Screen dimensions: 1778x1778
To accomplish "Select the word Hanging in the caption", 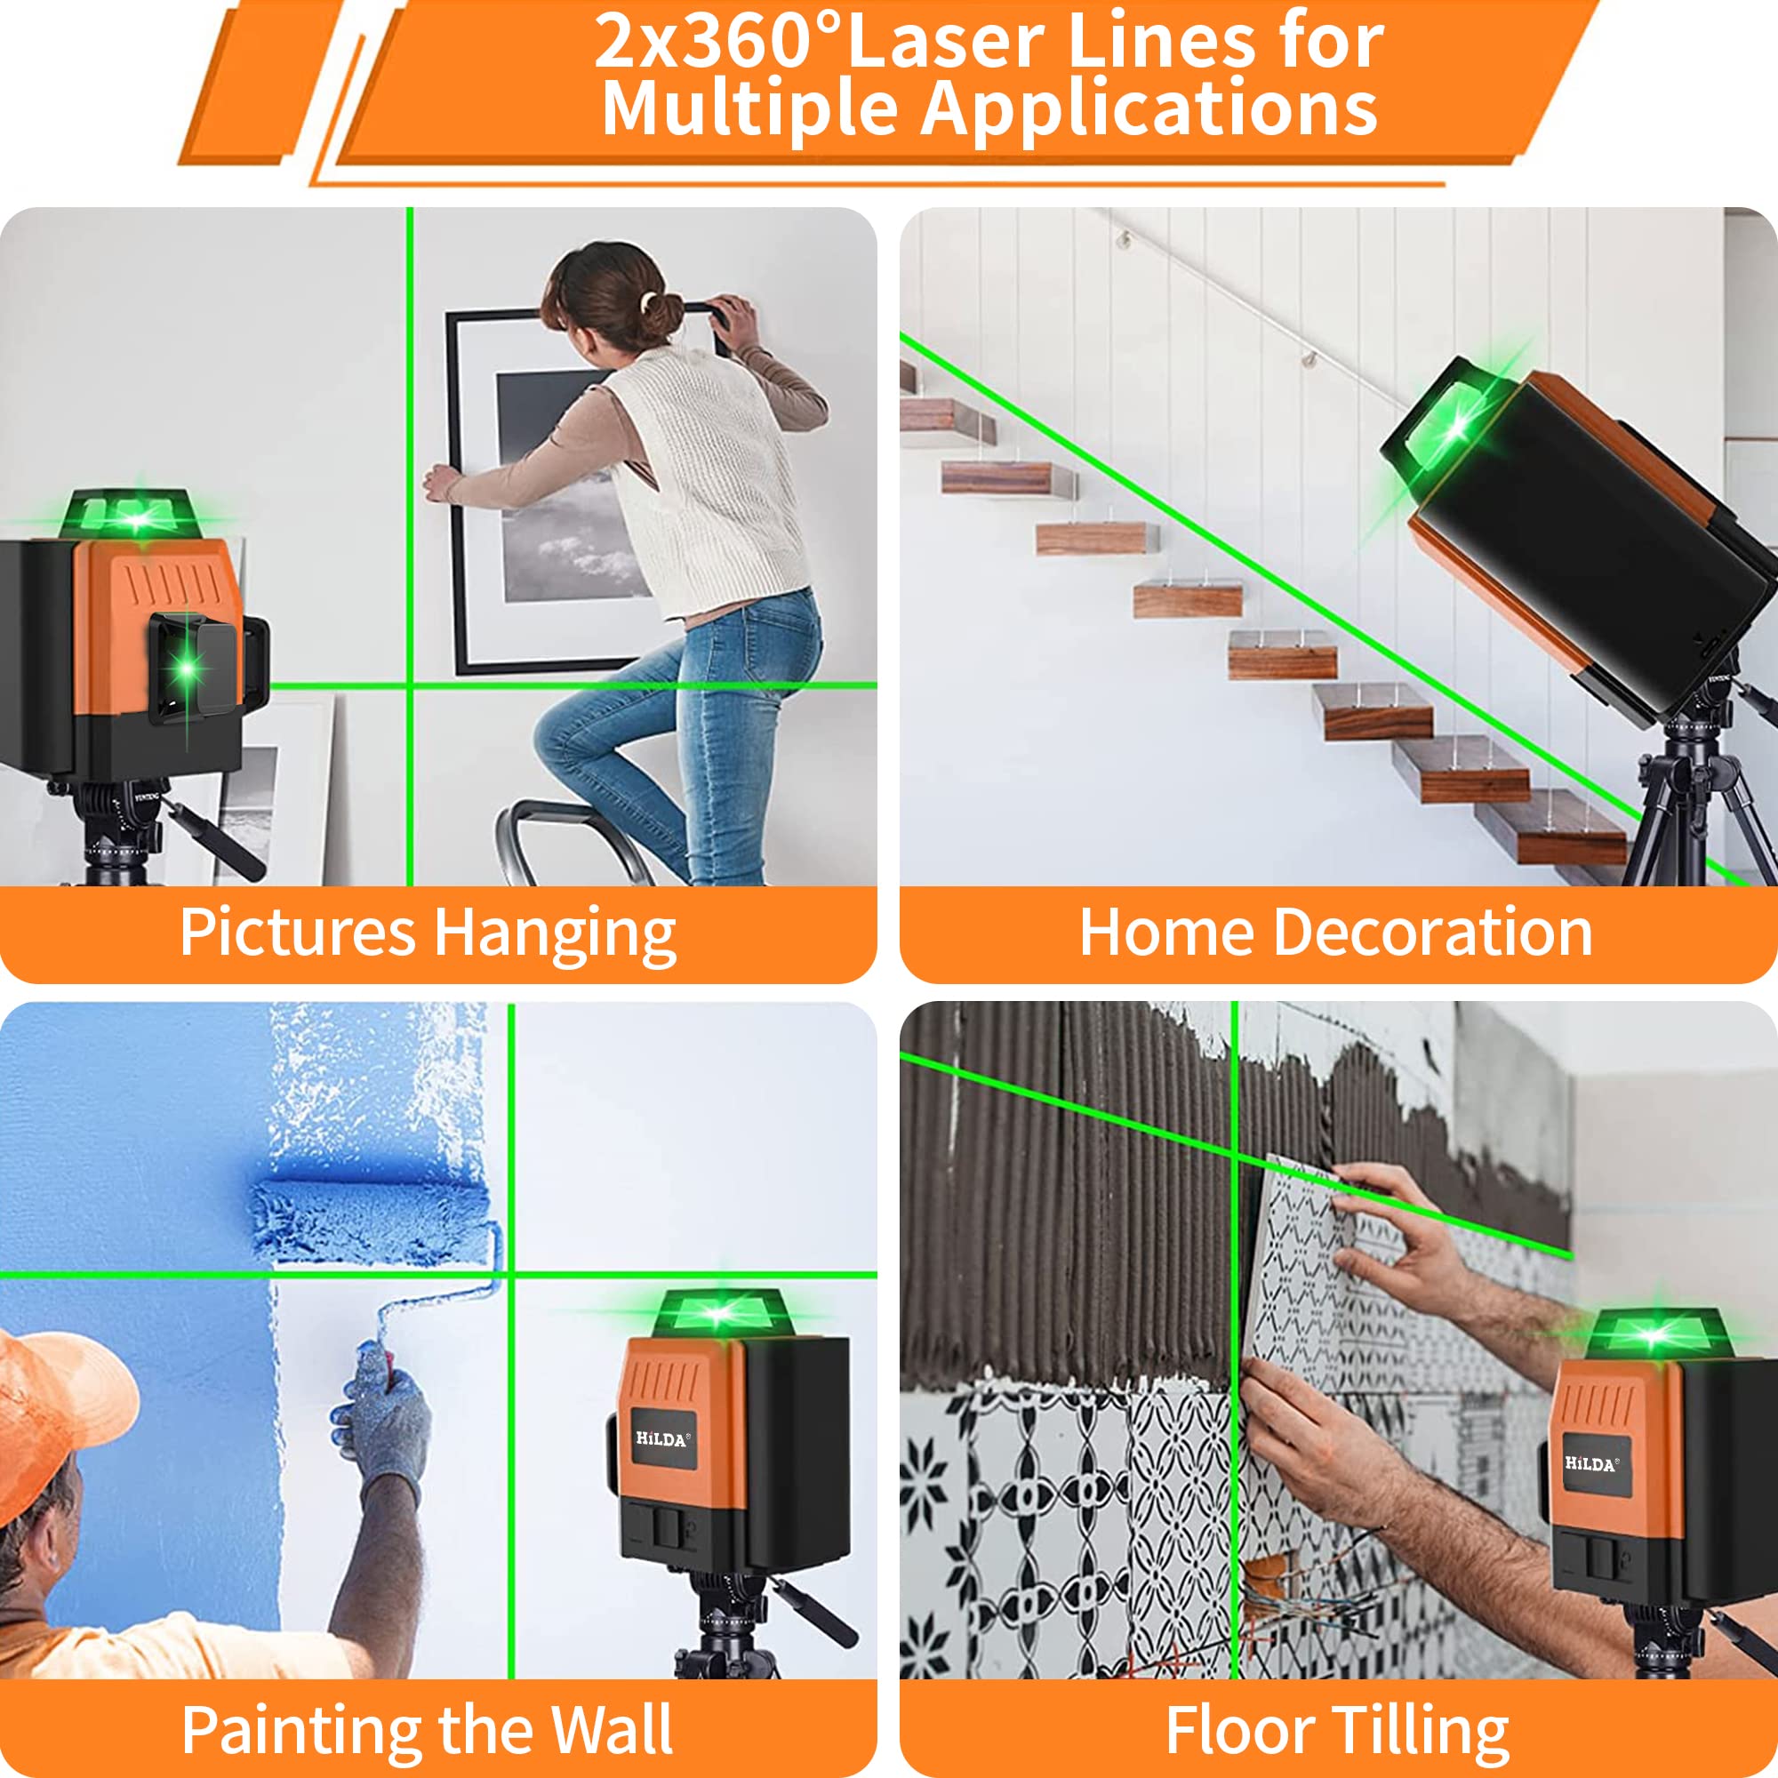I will click(554, 934).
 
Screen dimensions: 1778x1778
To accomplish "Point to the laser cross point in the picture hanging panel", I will click(410, 685).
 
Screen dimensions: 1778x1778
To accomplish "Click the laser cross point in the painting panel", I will click(511, 1275).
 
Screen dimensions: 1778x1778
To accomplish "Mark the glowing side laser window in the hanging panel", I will click(188, 664).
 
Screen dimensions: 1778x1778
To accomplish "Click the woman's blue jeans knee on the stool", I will click(566, 736).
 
